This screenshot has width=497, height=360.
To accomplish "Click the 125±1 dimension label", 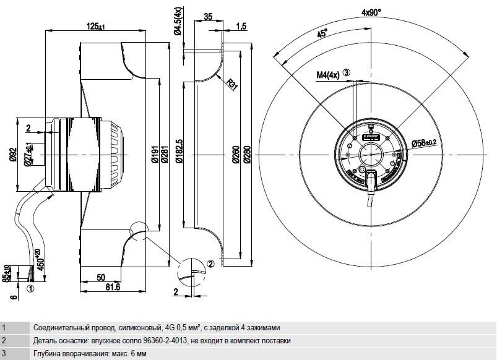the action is (96, 27).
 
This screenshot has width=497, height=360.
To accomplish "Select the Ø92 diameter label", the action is (12, 155).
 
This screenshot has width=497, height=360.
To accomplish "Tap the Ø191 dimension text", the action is (155, 155).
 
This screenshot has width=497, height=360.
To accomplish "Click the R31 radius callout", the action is (232, 84).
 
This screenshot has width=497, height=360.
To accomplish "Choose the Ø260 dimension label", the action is (236, 155).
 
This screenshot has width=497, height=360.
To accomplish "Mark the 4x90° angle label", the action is (371, 12).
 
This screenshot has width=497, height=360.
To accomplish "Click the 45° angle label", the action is (322, 33).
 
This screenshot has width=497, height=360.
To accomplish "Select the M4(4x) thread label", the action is (328, 75).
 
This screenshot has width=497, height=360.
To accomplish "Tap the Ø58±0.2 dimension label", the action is (424, 143).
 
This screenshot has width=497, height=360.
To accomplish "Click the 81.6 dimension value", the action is (113, 287).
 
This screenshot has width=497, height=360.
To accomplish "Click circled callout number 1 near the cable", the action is (30, 289).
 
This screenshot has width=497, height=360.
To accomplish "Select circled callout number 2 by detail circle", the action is (211, 264).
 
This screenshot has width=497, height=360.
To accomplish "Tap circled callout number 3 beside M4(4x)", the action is (347, 72).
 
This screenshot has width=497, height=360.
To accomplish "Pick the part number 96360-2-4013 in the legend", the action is (164, 341).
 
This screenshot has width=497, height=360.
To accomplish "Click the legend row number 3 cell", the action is (4, 353).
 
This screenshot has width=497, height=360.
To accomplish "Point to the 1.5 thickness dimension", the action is (241, 27).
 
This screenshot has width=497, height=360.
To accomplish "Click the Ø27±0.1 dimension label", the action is (28, 154).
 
